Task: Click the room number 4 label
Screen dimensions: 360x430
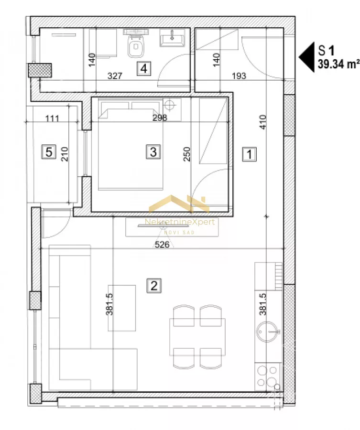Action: pos(144,68)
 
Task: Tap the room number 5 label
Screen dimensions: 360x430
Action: pos(49,151)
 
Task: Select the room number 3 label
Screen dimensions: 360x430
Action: pos(153,151)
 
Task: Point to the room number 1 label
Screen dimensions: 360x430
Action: pos(250,154)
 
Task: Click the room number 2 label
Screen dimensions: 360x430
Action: pos(154,286)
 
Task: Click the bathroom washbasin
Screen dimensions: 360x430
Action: pos(172,38)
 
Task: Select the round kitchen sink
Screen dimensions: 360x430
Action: pos(268,332)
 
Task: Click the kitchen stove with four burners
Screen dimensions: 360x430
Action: pos(268,376)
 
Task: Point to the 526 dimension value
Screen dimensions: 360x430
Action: pos(162,244)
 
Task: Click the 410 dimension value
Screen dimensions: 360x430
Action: pos(262,122)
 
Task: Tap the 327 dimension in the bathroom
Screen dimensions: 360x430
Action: pos(115,75)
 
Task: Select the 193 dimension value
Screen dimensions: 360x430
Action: pos(239,76)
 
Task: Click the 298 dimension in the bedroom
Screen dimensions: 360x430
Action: pos(160,118)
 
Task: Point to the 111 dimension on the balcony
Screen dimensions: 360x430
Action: pos(52,118)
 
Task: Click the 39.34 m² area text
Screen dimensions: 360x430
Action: pos(338,64)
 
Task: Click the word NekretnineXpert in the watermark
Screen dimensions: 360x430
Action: pos(180,222)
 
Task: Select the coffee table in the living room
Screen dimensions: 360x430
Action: pos(122,308)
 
